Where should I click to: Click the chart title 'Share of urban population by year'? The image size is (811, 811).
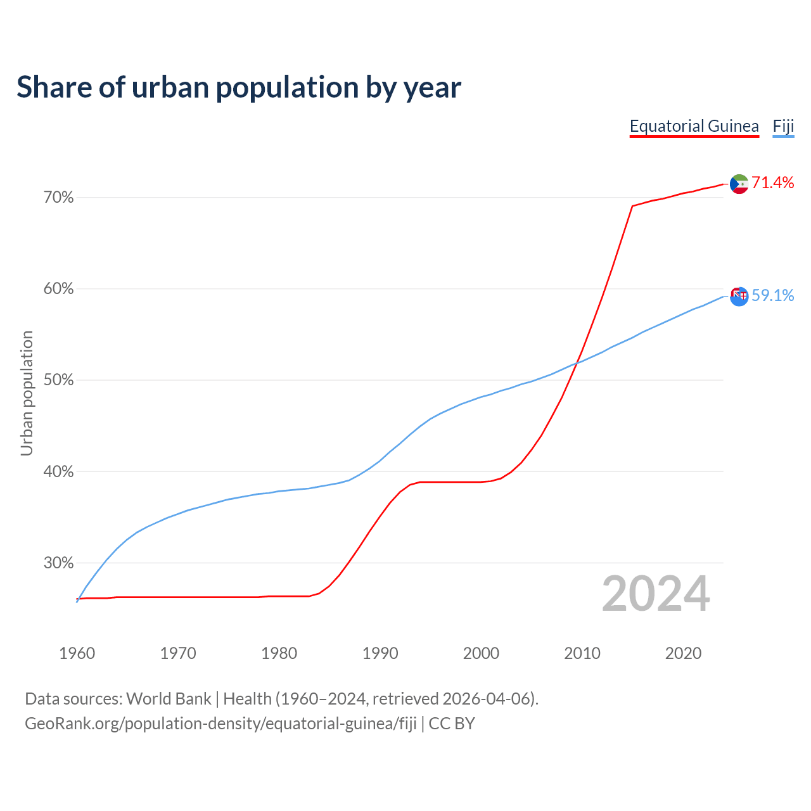coord(239,87)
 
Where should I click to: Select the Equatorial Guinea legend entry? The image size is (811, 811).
coord(694,126)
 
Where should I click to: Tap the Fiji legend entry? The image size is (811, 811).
coord(783,126)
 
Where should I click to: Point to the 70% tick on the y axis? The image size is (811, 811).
coord(58,198)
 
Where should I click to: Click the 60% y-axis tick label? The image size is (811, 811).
coord(58,289)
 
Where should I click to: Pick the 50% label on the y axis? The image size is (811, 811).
coord(58,380)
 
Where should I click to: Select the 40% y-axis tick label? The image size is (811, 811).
coord(58,472)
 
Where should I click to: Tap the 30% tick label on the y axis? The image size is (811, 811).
coord(58,563)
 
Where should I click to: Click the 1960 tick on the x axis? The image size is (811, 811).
coord(77,653)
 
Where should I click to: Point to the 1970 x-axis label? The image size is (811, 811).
coord(178,653)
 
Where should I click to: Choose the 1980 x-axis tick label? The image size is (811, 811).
coord(279,653)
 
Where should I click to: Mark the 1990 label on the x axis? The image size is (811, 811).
coord(380,653)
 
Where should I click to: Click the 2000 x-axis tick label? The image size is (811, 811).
coord(481,653)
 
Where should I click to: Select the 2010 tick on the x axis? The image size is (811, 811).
coord(582,653)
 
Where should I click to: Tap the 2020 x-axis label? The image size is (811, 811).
coord(683,653)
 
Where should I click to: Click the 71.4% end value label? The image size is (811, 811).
coord(773,183)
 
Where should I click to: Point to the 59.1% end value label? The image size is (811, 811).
coord(773,296)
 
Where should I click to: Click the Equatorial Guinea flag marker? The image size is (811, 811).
coord(739,184)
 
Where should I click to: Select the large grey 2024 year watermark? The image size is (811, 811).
coord(656,594)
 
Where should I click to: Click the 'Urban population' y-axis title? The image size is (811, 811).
coord(27,393)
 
